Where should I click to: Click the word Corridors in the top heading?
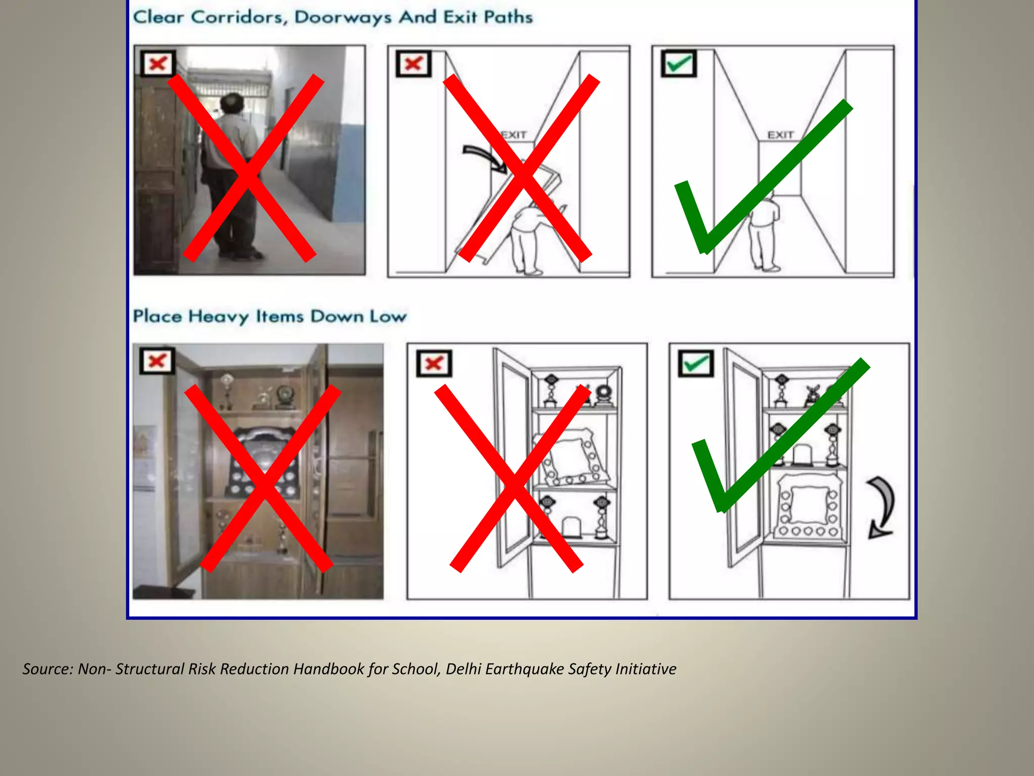click(x=239, y=17)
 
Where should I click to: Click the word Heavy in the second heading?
click(x=218, y=317)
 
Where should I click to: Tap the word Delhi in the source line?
click(x=463, y=669)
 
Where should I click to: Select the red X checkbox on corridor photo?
click(x=158, y=64)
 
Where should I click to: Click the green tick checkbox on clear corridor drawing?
click(x=679, y=64)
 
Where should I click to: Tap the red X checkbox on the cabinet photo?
click(x=157, y=361)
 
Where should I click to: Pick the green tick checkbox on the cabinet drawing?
click(x=696, y=363)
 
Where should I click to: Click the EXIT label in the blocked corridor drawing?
click(x=514, y=135)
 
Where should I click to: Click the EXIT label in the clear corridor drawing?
click(x=781, y=135)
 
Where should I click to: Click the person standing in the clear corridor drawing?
click(x=764, y=235)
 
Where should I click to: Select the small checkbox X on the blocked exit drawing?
click(x=413, y=64)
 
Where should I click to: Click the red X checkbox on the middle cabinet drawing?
click(x=434, y=363)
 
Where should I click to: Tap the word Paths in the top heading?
click(x=507, y=17)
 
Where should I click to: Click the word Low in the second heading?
click(x=388, y=317)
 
